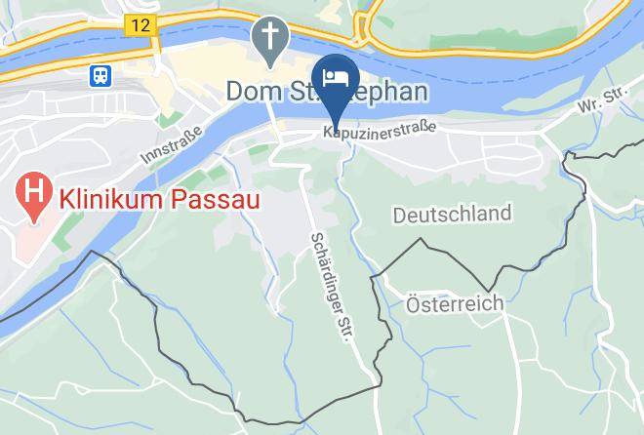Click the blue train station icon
click(99, 76)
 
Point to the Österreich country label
click(455, 303)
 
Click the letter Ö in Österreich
click(412, 302)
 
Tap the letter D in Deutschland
click(400, 214)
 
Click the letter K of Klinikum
click(67, 199)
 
